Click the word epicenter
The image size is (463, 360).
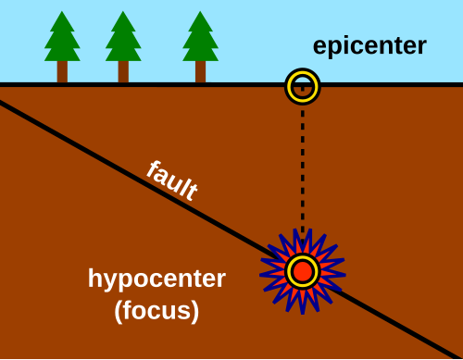pos(368,46)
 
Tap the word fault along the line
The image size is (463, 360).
pos(172,181)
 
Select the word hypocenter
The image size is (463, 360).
pos(156,279)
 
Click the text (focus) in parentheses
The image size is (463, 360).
pos(156,311)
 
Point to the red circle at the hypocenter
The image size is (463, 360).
pos(302,272)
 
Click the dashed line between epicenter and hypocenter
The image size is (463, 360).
pos(302,167)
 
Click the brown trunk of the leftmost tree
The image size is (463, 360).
pos(62,71)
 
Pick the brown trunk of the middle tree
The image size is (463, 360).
pos(123,71)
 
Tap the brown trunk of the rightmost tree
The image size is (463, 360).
pos(200,71)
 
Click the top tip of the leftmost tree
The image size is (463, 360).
pos(62,12)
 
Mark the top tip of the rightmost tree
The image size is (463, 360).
pos(200,12)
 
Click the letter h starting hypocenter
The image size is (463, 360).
pos(94,279)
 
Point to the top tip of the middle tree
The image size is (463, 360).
pos(123,12)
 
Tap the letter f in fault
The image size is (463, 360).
pos(152,168)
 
